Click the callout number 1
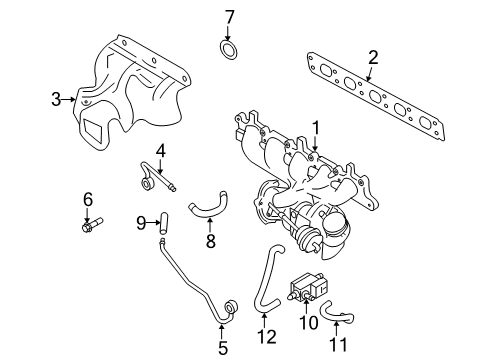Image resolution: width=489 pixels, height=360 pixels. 316,127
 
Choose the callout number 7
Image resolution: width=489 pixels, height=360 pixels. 228,16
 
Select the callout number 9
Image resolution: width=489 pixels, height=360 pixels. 141,221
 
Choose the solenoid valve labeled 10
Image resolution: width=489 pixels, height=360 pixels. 308,290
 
